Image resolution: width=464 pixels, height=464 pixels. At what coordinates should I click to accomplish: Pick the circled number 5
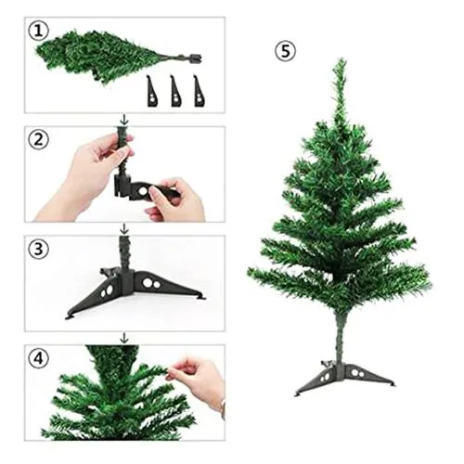[x=286, y=51]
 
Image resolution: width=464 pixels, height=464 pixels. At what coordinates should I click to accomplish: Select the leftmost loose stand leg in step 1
[x=152, y=91]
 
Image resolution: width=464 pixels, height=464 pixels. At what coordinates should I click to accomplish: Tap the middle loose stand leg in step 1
[x=175, y=91]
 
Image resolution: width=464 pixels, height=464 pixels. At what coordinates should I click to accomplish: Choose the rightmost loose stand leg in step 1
[x=199, y=91]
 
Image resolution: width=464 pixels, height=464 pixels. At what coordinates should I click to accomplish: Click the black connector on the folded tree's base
[x=194, y=58]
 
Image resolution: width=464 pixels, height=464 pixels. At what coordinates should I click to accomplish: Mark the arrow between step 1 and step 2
[x=124, y=119]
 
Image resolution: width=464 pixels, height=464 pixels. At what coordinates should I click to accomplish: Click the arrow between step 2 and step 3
[x=124, y=227]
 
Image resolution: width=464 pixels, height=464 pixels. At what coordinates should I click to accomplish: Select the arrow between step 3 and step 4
[x=124, y=338]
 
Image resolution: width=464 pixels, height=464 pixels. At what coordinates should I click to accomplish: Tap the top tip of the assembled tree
[x=341, y=63]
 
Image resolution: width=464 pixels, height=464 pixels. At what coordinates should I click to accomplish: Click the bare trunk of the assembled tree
[x=341, y=334]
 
